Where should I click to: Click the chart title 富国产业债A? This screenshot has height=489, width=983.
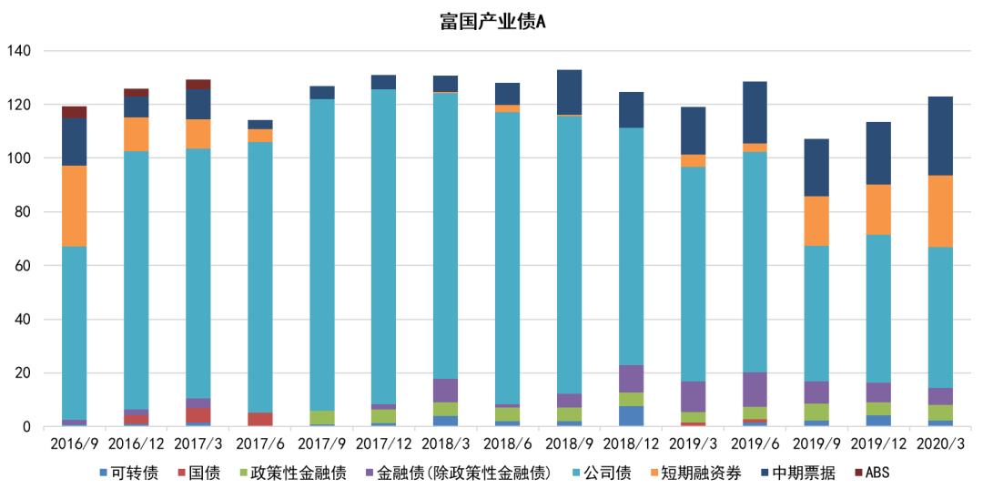491,22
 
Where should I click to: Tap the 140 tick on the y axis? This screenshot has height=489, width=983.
20,51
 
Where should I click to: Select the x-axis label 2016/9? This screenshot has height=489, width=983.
74,443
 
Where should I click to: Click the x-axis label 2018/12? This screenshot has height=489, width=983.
631,443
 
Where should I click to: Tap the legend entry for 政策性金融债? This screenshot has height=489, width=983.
293,474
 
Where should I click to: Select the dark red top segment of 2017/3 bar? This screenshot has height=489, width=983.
198,85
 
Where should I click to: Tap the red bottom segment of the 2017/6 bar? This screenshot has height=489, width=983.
259,419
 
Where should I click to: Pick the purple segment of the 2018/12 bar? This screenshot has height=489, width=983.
631,378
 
